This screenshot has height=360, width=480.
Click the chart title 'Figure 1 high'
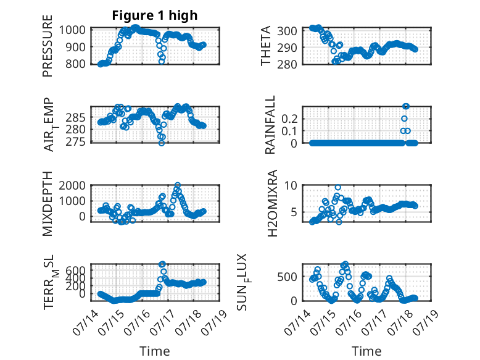click(x=155, y=15)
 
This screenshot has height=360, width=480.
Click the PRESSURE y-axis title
click(x=48, y=46)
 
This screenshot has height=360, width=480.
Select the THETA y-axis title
click(x=266, y=46)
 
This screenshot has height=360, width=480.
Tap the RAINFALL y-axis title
click(x=270, y=125)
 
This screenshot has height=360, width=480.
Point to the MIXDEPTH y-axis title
click(x=48, y=204)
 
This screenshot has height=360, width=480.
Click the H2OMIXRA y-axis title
click(x=272, y=203)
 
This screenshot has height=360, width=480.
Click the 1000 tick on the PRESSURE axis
click(x=72, y=30)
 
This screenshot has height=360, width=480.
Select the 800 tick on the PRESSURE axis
click(x=75, y=64)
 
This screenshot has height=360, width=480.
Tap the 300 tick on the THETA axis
click(x=287, y=31)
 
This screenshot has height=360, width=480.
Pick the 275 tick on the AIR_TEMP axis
click(x=75, y=142)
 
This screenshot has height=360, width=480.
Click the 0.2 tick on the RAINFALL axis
click(x=289, y=119)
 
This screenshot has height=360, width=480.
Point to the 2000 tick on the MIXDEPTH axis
click(x=72, y=185)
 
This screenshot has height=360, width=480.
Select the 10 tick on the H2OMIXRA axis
click(x=291, y=185)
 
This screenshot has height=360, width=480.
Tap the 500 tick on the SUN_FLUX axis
click(x=287, y=277)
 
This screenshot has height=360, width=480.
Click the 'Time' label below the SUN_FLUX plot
click(x=366, y=351)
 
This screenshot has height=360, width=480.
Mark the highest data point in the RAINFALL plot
click(x=405, y=106)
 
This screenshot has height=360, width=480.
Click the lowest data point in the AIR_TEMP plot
click(x=161, y=143)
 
